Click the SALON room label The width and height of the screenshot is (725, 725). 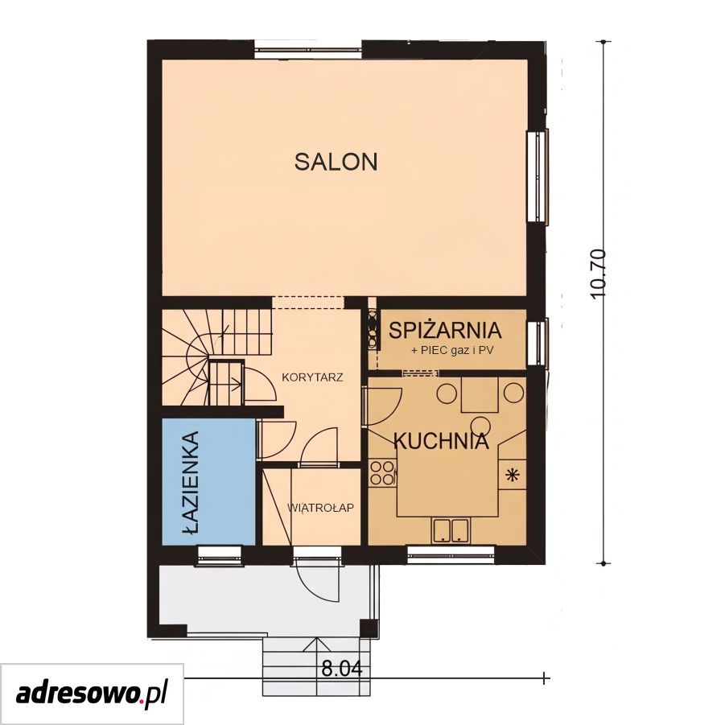(x=336, y=162)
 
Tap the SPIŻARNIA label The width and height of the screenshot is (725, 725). (x=445, y=330)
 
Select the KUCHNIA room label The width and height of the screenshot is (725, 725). (x=441, y=441)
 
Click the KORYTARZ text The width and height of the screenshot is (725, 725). (x=312, y=377)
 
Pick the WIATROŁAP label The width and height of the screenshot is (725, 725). (x=320, y=509)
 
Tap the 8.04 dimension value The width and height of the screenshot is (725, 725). (x=342, y=668)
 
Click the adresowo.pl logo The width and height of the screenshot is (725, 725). (x=92, y=694)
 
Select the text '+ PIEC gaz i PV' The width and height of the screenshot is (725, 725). (x=452, y=351)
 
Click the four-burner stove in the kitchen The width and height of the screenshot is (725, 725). (x=382, y=472)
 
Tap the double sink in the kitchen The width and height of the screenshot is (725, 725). (x=451, y=530)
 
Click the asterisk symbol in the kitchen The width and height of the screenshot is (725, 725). (x=512, y=475)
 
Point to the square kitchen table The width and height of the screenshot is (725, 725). (x=480, y=394)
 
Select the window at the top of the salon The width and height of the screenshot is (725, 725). (x=308, y=50)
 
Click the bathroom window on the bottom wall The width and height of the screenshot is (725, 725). (x=219, y=555)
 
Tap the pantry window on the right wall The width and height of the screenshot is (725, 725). (x=538, y=341)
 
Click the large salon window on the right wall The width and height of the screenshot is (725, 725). (x=538, y=176)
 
